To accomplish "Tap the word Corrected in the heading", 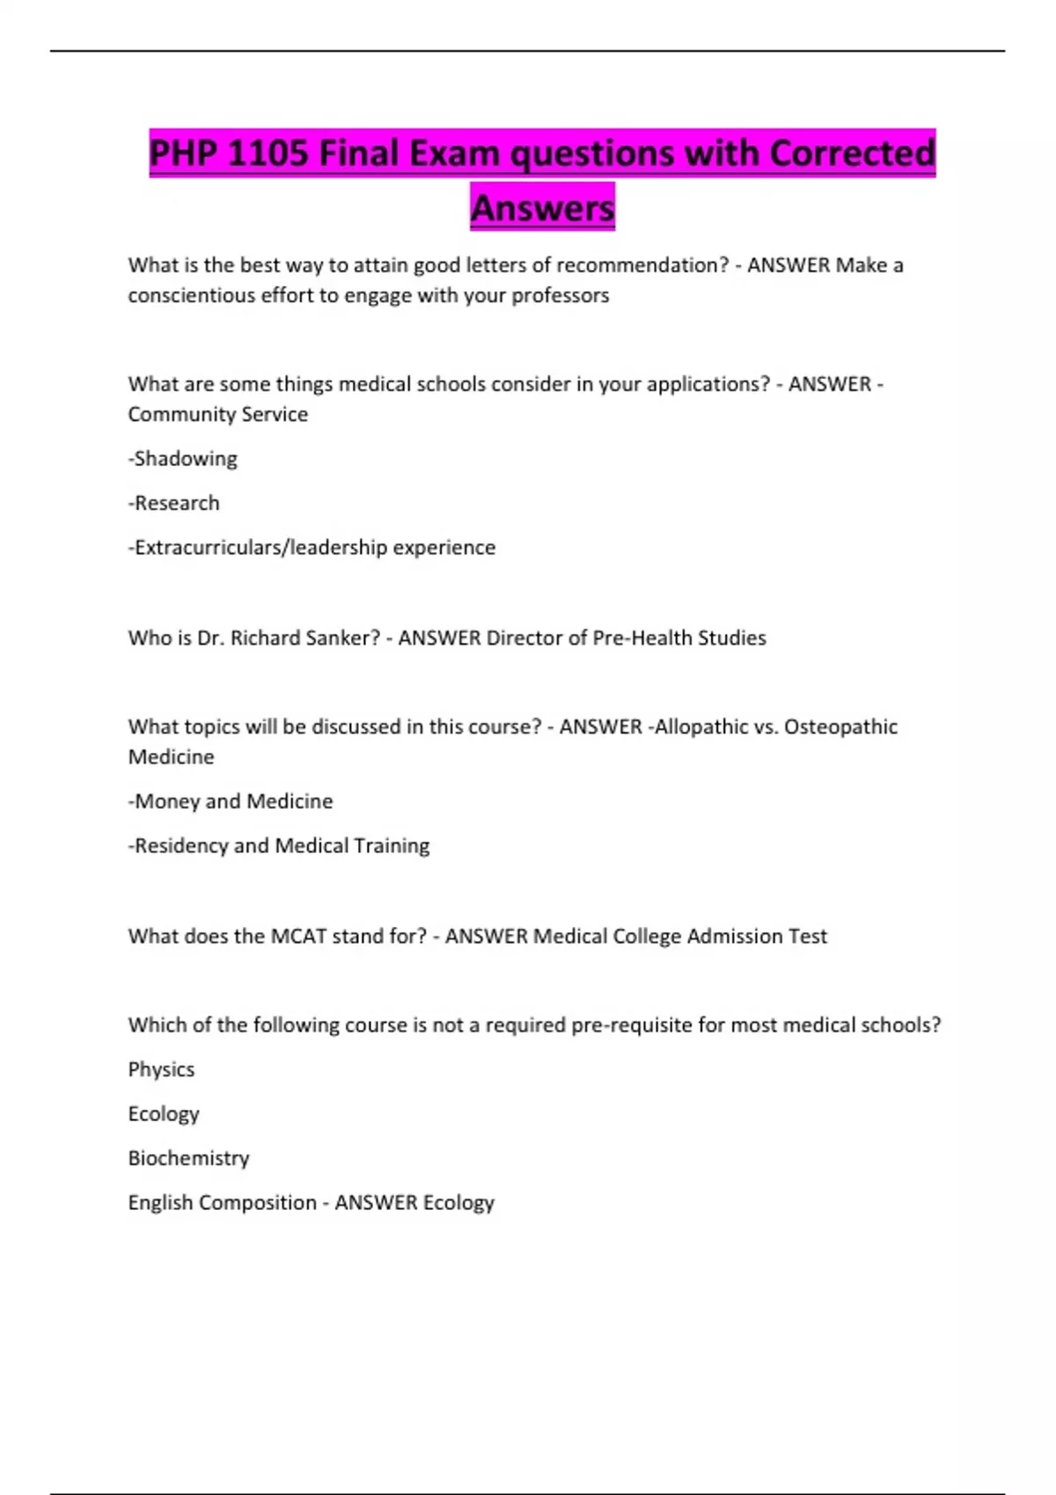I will click(852, 154).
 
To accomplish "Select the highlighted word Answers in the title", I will click(542, 208).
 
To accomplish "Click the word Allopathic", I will click(700, 727).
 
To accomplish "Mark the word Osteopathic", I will click(840, 727).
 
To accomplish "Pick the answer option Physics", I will click(161, 1070).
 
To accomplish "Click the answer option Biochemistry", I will click(188, 1159).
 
